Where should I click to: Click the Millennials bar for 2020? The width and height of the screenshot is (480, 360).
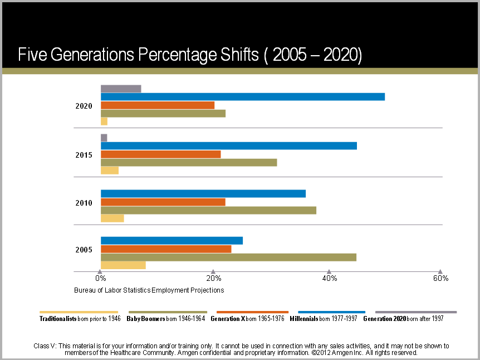click(x=242, y=96)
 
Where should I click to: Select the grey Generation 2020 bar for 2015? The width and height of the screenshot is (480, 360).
click(x=104, y=138)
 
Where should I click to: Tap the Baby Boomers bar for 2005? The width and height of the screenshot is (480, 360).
click(x=228, y=257)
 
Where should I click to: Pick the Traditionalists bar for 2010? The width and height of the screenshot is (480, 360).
click(x=112, y=218)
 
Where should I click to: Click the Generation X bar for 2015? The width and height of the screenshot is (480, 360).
click(x=160, y=154)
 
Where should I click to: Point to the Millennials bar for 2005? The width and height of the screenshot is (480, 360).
click(x=172, y=241)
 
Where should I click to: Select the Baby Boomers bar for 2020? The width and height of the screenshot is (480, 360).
click(x=163, y=114)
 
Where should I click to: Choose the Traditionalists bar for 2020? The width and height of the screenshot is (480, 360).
click(x=104, y=121)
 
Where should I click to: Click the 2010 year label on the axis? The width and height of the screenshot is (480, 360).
click(x=84, y=203)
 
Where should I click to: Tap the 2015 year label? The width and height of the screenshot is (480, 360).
click(x=84, y=155)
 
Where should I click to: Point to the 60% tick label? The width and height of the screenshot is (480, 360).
click(x=441, y=278)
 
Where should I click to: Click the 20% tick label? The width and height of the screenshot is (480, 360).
click(x=213, y=278)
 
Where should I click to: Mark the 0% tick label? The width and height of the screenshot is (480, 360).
click(x=100, y=278)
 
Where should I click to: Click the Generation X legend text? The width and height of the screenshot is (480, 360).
click(x=248, y=319)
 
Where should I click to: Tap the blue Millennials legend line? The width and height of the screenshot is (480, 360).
click(x=332, y=312)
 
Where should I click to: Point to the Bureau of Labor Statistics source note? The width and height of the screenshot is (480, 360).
click(x=149, y=290)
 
